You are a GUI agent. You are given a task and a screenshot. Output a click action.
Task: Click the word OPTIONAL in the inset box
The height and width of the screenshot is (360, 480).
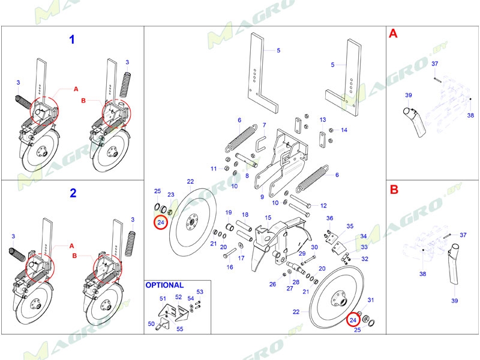[x=165, y=286]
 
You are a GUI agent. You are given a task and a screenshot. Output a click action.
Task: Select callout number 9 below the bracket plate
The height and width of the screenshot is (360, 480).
[x=262, y=197]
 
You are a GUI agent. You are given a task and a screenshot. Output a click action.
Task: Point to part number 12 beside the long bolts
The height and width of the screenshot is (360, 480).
[x=323, y=205]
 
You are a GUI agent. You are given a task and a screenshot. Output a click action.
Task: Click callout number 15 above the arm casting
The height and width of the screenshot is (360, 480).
[x=268, y=218]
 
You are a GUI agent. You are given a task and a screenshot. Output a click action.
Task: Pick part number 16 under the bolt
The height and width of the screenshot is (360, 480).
[x=230, y=267]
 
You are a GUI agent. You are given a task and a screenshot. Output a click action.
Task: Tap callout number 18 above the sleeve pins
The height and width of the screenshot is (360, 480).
[x=245, y=214]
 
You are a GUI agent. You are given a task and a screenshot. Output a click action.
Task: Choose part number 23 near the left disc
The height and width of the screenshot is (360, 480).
[x=170, y=195]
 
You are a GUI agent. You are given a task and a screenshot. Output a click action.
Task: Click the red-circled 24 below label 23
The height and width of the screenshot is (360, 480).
[x=160, y=223]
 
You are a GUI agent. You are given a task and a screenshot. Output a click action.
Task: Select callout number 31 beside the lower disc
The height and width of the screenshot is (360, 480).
[x=370, y=300]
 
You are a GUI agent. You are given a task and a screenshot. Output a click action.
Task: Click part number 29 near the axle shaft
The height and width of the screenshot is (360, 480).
[x=302, y=254]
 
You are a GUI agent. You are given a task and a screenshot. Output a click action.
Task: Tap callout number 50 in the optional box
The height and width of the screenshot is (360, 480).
[x=151, y=324]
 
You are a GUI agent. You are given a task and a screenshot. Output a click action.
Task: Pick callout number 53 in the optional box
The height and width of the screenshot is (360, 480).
[x=200, y=292]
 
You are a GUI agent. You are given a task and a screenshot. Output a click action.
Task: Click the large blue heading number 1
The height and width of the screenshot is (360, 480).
[x=73, y=40]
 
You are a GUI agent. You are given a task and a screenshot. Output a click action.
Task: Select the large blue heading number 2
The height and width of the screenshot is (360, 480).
[x=73, y=193]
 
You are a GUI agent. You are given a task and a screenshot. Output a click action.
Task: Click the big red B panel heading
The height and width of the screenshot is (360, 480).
[x=394, y=190]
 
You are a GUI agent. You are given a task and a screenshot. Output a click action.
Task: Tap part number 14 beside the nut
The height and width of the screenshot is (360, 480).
[x=344, y=130]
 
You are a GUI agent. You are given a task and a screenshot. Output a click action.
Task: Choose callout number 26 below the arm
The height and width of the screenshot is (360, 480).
[x=273, y=284]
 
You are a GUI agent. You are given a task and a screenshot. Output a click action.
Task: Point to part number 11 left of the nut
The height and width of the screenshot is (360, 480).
[x=214, y=169]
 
